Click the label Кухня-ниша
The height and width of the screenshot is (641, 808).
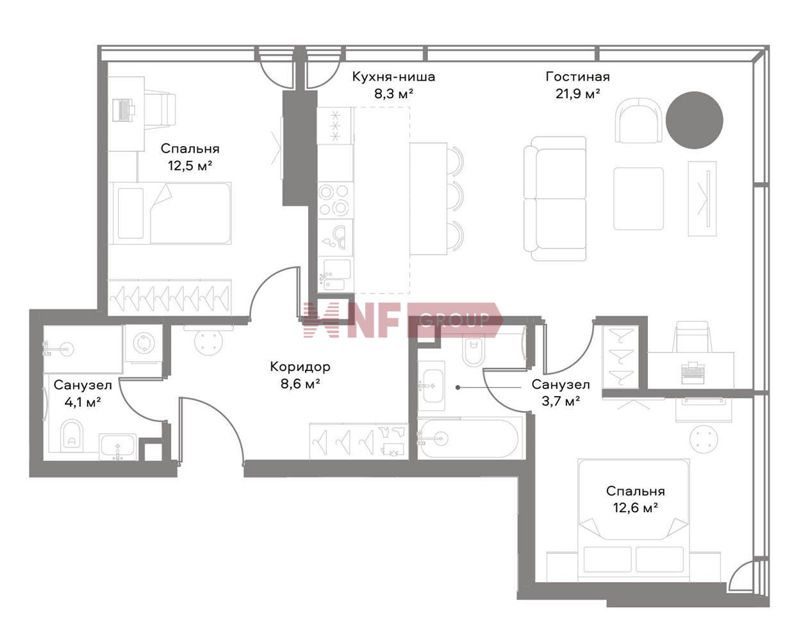pyautogui.click(x=393, y=77)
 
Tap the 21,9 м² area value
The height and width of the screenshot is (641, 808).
pyautogui.click(x=577, y=94)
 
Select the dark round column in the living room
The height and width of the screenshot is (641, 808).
pyautogui.click(x=694, y=121)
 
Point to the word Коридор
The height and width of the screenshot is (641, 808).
pyautogui.click(x=300, y=367)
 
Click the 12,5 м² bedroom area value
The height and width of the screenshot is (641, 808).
pyautogui.click(x=190, y=165)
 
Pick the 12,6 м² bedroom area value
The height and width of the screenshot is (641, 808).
pyautogui.click(x=635, y=508)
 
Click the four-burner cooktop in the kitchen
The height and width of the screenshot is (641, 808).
pyautogui.click(x=334, y=200)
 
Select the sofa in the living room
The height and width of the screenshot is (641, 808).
pyautogui.click(x=555, y=199)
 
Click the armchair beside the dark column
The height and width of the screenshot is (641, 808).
pyautogui.click(x=639, y=121)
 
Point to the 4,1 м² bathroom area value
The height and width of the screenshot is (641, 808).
pyautogui.click(x=83, y=403)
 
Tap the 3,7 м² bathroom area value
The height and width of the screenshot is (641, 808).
pyautogui.click(x=561, y=401)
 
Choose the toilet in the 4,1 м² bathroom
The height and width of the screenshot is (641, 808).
pyautogui.click(x=72, y=435)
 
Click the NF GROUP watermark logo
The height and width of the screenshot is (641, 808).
pyautogui.click(x=403, y=320)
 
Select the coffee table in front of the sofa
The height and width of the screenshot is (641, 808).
pyautogui.click(x=639, y=199)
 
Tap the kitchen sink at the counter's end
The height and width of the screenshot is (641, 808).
pyautogui.click(x=334, y=274)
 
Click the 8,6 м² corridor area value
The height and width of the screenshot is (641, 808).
pyautogui.click(x=300, y=384)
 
